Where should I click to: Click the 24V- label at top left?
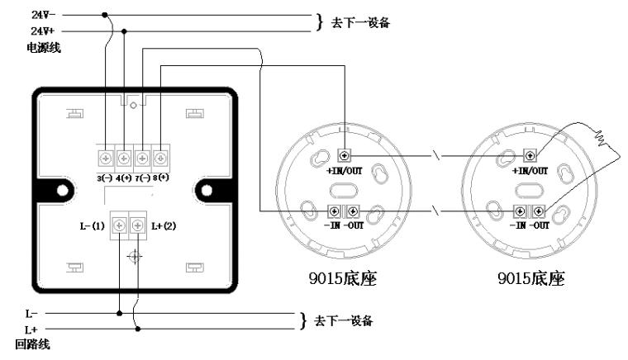click(43, 15)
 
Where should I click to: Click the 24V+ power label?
click(43, 31)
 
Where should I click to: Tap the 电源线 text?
click(43, 48)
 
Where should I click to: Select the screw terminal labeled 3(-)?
click(106, 159)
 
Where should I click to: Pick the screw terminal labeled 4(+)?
click(124, 159)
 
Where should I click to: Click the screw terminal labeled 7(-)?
click(142, 159)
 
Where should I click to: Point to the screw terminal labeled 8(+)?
click(160, 159)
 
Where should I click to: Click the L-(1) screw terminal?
click(119, 225)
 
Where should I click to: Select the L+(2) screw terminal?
click(138, 225)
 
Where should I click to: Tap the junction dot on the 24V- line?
click(105, 15)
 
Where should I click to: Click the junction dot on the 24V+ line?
click(124, 31)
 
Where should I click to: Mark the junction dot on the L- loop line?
click(119, 313)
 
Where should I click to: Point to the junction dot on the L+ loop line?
click(138, 329)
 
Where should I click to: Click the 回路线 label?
click(32, 344)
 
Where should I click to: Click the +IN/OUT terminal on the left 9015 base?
click(345, 154)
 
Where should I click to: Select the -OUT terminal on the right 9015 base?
click(538, 211)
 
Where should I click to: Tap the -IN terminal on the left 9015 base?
click(334, 211)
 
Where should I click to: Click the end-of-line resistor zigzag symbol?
click(601, 138)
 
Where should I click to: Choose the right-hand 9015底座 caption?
click(531, 278)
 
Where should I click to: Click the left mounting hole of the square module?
click(63, 191)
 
